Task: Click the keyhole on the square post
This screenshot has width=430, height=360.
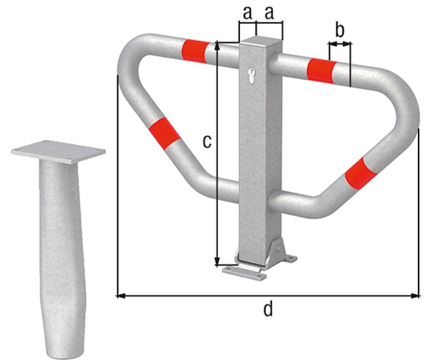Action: [251, 75]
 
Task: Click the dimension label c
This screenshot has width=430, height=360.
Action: [207, 141]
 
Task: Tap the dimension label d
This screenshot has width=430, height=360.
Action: [268, 309]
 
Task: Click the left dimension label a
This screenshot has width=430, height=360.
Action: [247, 13]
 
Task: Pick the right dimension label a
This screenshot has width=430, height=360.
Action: [270, 13]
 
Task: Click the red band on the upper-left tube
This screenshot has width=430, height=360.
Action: [195, 51]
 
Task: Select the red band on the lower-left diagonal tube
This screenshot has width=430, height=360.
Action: [164, 134]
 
